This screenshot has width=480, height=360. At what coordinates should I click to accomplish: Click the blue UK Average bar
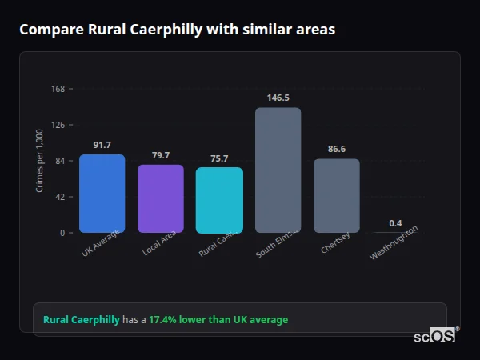pos(102,194)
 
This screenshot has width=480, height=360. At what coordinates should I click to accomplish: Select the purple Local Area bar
pos(161,199)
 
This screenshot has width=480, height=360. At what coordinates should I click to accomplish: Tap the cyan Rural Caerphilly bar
pos(219,200)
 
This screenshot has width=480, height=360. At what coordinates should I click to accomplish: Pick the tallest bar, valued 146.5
pos(278,170)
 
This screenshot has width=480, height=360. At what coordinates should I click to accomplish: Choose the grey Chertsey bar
pos(337,196)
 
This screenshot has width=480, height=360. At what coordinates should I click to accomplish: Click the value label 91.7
pos(102,145)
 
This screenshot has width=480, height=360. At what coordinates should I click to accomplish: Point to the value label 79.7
pos(161,155)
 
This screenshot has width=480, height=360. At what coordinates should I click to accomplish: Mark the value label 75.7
pos(219,158)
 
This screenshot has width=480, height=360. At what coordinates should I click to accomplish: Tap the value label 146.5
pos(278,98)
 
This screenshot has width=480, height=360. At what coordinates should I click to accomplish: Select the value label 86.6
pos(337,149)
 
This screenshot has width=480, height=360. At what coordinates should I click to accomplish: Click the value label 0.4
pos(395,222)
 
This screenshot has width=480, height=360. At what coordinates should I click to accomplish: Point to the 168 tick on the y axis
pos(58,89)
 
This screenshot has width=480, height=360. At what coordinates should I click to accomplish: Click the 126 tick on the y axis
pos(58,125)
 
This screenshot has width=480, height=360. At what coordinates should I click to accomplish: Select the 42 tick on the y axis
pos(59,197)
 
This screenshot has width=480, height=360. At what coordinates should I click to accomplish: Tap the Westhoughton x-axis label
pos(393,243)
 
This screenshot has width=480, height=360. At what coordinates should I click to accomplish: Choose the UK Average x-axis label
pos(101,243)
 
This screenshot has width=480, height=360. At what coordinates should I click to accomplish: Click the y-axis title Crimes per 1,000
pos(40,161)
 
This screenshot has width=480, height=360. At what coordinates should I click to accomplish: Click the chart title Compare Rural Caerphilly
pos(177,30)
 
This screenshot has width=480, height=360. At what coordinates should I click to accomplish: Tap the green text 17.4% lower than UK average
pos(218,320)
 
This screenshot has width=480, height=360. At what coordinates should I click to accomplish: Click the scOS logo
pos(435,336)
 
